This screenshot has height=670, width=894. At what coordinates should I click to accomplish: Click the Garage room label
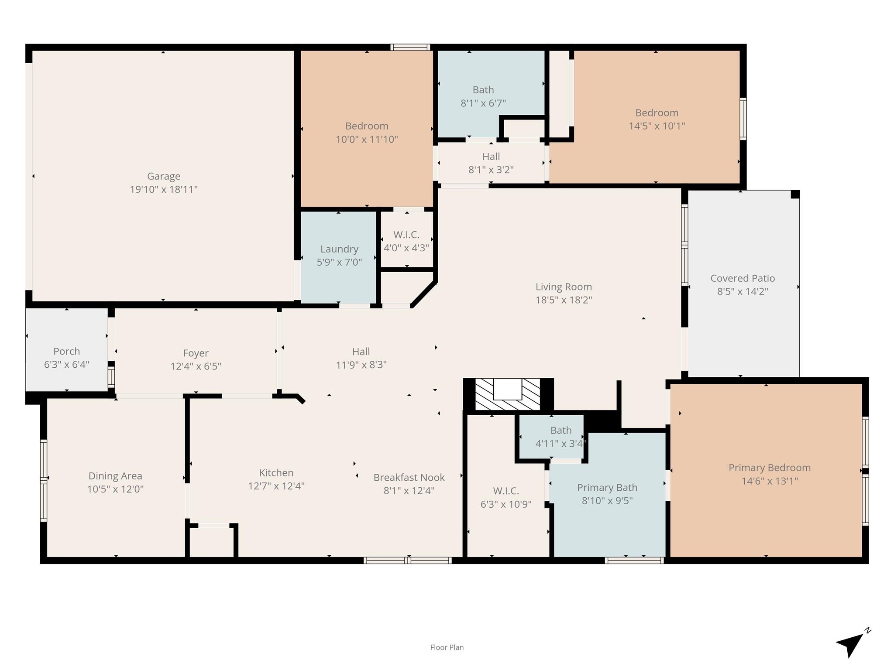pyautogui.click(x=163, y=176)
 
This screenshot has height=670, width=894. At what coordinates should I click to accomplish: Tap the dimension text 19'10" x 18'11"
pyautogui.click(x=163, y=189)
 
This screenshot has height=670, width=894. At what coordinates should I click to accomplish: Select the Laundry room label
pyautogui.click(x=339, y=249)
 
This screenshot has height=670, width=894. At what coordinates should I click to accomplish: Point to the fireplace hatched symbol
pyautogui.click(x=507, y=394)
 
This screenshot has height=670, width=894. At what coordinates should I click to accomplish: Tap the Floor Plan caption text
pyautogui.click(x=447, y=647)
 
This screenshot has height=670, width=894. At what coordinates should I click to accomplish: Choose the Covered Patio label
pyautogui.click(x=743, y=278)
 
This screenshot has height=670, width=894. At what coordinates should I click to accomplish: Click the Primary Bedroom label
pyautogui.click(x=769, y=468)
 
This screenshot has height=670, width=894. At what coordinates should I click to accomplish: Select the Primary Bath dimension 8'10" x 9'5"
pyautogui.click(x=607, y=501)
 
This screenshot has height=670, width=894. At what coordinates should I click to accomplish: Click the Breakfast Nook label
pyautogui.click(x=409, y=478)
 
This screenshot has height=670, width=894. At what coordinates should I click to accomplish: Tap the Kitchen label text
pyautogui.click(x=276, y=473)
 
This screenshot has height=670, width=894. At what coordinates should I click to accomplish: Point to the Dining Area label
pyautogui.click(x=115, y=476)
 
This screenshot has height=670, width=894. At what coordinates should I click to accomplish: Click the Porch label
pyautogui.click(x=66, y=351)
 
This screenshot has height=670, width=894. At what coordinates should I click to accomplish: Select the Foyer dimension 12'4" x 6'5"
pyautogui.click(x=196, y=366)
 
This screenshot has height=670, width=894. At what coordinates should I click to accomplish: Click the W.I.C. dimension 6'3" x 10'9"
pyautogui.click(x=505, y=504)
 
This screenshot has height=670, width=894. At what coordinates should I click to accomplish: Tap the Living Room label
pyautogui.click(x=564, y=287)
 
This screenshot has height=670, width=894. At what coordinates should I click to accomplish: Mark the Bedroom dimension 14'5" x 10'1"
pyautogui.click(x=657, y=126)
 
